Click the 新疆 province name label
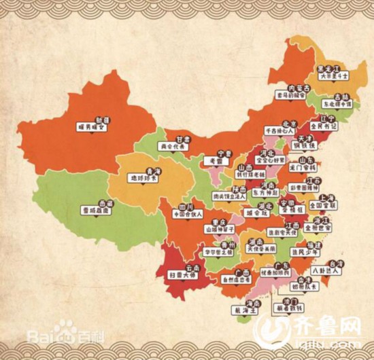[x=103, y=120]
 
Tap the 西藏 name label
[x=106, y=202]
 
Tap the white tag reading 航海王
[x=254, y=309]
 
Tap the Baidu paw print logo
[x=66, y=332]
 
